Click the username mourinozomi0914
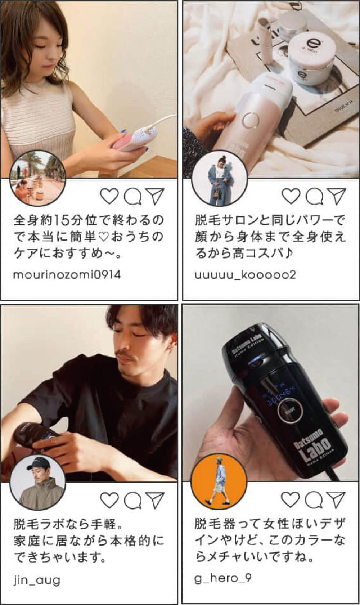[x=67, y=275]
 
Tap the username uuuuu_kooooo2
[x=245, y=275]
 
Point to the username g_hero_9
[x=223, y=578]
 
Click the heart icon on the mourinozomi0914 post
[x=109, y=196]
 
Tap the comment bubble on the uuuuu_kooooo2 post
[x=314, y=196]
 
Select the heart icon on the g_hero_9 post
[x=291, y=499]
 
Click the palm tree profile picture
[x=37, y=178]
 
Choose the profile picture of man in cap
[x=37, y=483]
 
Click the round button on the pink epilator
[x=250, y=120]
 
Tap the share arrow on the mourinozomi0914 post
[x=155, y=196]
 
